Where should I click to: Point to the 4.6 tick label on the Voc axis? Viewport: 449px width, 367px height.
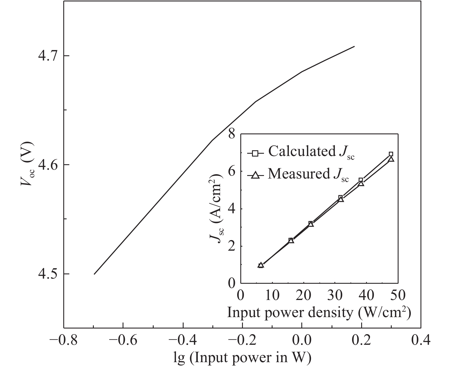pos(48,165)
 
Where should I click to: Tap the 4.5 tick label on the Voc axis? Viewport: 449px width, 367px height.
pos(48,274)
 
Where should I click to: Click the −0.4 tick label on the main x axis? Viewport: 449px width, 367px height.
pos(183,340)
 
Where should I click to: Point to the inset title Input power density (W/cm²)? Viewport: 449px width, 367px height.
pos(319,313)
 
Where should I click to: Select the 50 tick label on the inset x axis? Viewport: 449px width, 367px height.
pos(397,296)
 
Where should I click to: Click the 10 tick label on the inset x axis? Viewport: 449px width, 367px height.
pos(272,296)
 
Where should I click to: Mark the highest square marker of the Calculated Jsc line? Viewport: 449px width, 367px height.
pos(391,154)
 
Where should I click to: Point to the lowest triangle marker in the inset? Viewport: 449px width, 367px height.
pos(261,265)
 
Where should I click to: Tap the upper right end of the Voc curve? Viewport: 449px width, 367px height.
pos(354,46)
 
